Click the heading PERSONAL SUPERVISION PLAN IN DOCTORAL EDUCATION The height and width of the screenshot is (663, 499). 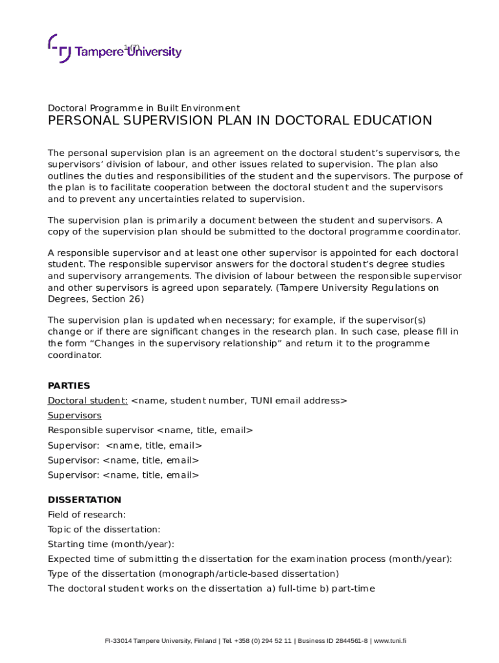click(240, 121)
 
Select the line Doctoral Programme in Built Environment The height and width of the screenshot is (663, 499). click(144, 108)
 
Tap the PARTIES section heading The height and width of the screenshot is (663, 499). click(69, 386)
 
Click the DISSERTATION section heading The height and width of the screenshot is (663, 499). click(84, 500)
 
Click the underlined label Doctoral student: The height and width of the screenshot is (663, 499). click(87, 401)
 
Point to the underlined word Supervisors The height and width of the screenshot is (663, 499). click(75, 416)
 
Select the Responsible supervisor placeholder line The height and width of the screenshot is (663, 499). click(150, 431)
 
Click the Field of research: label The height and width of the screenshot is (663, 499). click(87, 515)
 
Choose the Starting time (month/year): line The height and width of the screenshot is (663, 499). click(111, 545)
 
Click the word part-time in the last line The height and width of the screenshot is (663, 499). click(354, 589)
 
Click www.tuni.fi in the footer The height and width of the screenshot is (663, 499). click(390, 641)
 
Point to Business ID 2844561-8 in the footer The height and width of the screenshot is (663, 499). click(332, 641)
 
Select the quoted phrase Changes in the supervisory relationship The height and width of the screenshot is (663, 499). click(183, 344)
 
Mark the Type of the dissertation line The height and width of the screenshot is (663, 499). click(193, 574)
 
